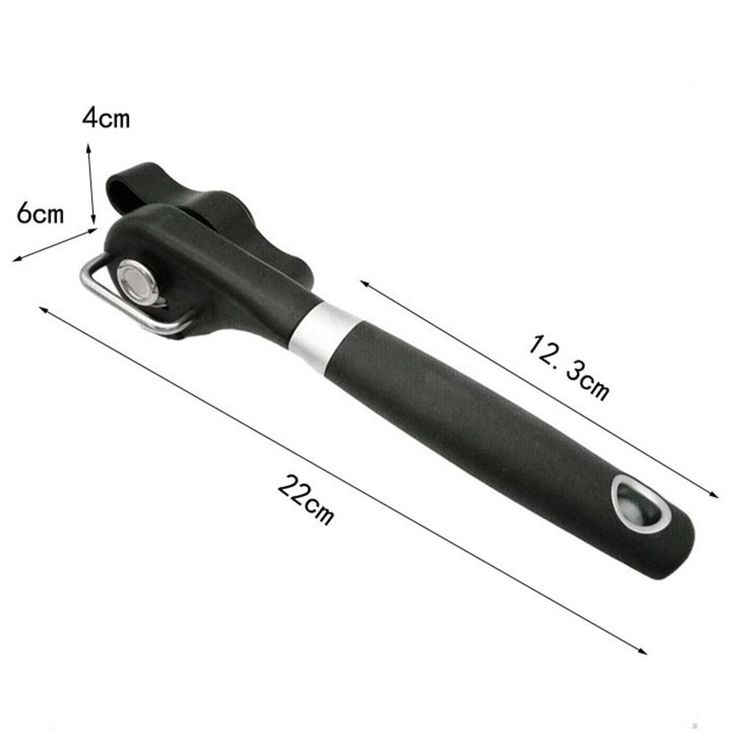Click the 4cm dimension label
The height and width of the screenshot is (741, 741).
click(106, 117)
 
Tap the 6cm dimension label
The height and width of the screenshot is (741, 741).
click(41, 213)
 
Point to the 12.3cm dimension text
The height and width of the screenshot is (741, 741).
click(568, 367)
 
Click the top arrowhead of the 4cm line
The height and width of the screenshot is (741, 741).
click(88, 147)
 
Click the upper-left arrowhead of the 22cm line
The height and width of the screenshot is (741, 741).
click(43, 309)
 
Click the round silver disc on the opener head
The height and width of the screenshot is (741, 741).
click(137, 279)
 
